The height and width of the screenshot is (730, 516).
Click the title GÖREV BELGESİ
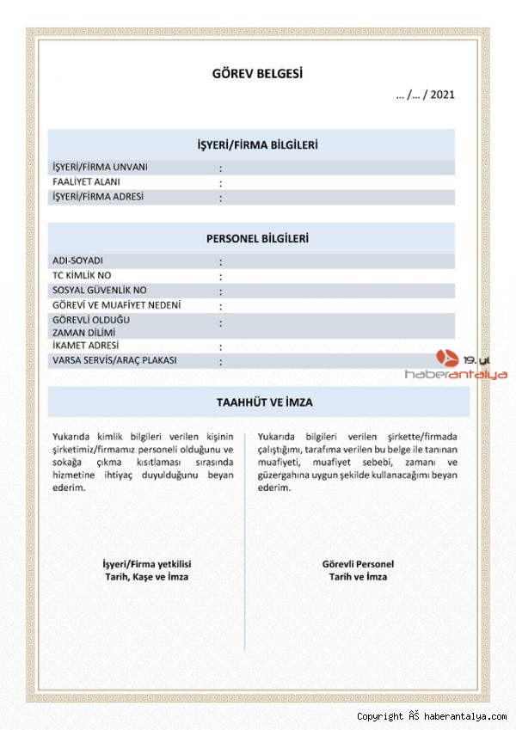(x=257, y=74)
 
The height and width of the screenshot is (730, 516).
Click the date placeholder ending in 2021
(x=425, y=95)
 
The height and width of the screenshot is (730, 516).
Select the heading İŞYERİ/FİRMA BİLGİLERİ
(x=257, y=144)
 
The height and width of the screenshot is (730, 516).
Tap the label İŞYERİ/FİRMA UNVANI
(x=100, y=167)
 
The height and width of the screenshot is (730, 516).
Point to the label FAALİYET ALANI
(x=86, y=182)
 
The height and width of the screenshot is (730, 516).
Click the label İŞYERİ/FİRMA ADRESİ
(x=98, y=197)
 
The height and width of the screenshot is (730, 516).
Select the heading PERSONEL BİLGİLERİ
(x=257, y=238)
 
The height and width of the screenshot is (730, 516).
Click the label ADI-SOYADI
(x=77, y=261)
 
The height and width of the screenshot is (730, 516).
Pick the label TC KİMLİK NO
(x=82, y=275)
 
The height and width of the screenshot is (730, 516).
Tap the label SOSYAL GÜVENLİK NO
(x=100, y=291)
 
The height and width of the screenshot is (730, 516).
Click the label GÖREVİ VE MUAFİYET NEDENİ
(x=117, y=305)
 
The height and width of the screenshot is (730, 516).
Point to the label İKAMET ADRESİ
(x=85, y=346)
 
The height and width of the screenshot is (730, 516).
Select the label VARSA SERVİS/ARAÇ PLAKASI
(x=114, y=360)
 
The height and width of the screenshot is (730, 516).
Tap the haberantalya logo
(x=468, y=365)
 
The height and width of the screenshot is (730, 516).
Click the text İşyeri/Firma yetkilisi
(x=146, y=564)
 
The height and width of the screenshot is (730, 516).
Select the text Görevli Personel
(x=358, y=564)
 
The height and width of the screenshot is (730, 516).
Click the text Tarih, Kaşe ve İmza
(x=146, y=577)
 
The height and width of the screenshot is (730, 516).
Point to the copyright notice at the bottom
(x=432, y=716)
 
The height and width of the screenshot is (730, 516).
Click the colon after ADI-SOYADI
(x=220, y=261)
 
